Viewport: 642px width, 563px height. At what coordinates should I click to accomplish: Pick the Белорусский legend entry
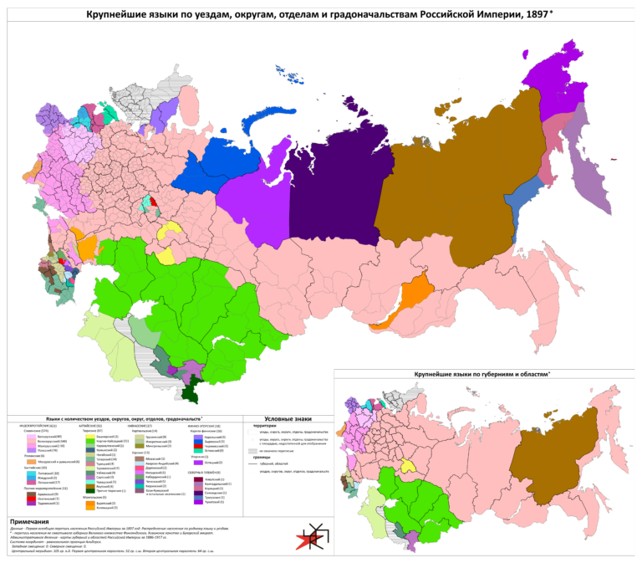coord(45,436)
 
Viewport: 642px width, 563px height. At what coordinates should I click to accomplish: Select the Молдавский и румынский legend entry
coord(55,462)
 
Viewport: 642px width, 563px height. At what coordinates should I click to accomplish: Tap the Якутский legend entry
coord(104,485)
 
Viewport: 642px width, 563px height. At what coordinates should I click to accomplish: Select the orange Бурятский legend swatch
coord(89,503)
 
